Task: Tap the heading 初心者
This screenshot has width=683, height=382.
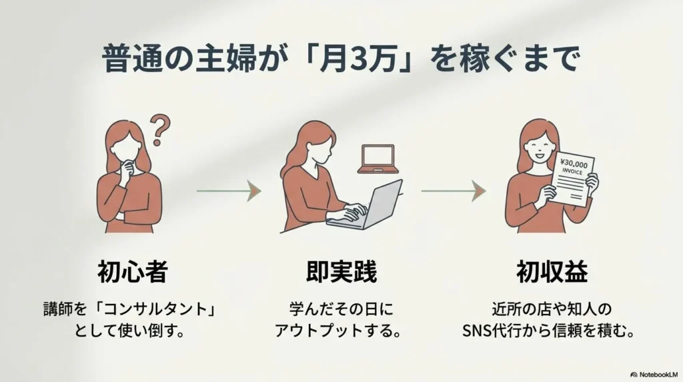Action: [132, 272]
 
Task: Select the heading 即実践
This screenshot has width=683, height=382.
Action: [341, 272]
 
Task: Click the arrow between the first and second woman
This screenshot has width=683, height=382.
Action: [227, 192]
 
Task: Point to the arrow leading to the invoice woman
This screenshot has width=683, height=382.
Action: [453, 192]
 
